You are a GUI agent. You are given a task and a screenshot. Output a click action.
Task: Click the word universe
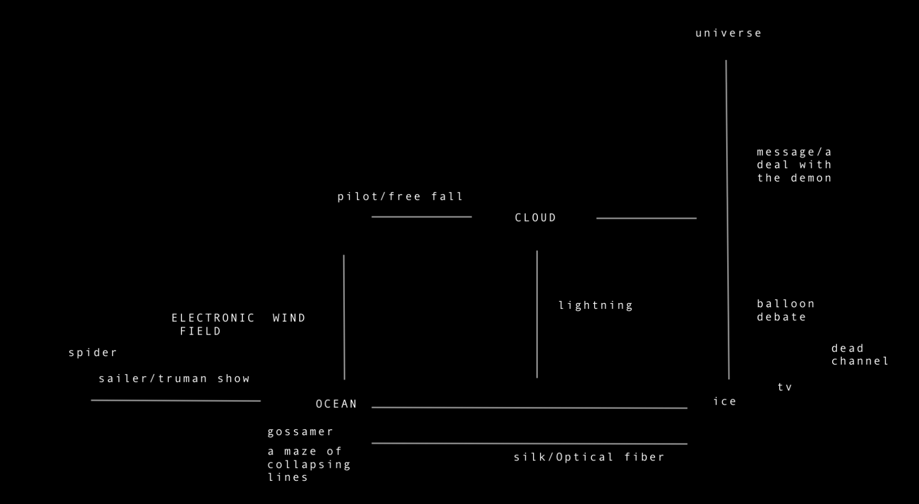729,33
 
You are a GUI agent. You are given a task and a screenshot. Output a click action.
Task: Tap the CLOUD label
535,218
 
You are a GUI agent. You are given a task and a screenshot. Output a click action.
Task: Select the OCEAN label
336,404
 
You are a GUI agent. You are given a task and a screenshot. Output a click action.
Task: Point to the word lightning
596,306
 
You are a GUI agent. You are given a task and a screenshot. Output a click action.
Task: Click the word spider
93,352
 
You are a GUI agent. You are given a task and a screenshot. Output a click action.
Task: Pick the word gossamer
301,432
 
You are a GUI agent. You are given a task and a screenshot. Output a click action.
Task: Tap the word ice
725,401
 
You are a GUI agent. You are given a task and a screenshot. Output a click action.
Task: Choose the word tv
785,387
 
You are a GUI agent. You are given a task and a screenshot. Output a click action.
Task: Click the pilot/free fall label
401,197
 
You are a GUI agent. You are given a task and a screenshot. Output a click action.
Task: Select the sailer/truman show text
175,379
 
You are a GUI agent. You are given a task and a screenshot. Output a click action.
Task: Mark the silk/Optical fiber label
589,457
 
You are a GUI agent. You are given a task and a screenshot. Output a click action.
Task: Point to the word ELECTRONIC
213,318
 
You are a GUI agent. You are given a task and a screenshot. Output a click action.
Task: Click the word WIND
289,318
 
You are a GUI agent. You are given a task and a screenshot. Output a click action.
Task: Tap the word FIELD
201,331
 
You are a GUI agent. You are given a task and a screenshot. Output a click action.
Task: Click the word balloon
786,304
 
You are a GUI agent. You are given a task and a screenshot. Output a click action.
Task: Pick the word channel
860,361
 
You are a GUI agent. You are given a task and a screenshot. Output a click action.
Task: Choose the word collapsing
309,465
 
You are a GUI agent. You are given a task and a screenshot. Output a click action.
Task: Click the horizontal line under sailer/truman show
176,400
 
